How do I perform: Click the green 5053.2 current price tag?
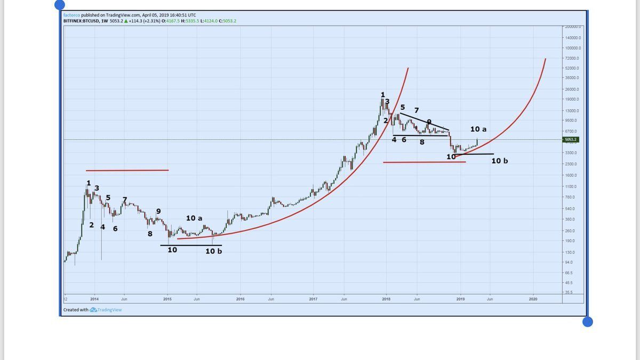tap(570, 140)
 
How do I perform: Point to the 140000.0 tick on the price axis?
tap(573, 38)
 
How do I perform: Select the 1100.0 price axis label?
tap(572, 187)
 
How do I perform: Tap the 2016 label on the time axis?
tap(240, 299)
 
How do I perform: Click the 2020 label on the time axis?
tap(533, 299)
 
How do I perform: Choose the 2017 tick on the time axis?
tap(313, 299)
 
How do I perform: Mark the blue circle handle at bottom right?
tap(587, 322)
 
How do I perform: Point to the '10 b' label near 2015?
tap(213, 251)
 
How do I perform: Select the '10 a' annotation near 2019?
tap(478, 129)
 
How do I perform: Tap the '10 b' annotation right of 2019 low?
tap(499, 161)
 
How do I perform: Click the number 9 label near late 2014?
tap(158, 211)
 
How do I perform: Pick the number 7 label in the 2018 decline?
tap(416, 110)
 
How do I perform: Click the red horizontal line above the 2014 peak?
tap(127, 170)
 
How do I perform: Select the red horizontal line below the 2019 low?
tap(424, 162)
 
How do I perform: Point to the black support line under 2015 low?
tap(190, 245)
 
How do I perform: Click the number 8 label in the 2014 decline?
tap(150, 234)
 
